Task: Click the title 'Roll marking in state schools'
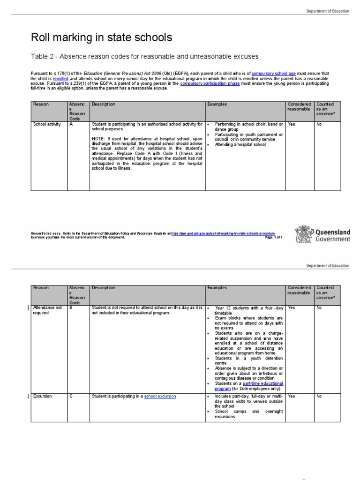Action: click(101, 37)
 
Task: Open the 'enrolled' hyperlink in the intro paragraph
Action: click(61, 78)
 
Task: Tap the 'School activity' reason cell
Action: click(47, 125)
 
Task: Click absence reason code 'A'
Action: click(71, 125)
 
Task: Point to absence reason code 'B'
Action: click(71, 308)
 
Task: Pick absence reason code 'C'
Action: click(71, 397)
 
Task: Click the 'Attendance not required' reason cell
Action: click(47, 310)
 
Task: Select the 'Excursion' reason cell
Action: click(43, 397)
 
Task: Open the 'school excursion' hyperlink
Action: click(161, 397)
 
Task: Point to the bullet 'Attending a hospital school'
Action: click(240, 144)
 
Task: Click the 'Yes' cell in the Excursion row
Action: click(292, 397)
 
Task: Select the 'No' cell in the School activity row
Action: click(319, 125)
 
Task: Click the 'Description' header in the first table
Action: click(104, 105)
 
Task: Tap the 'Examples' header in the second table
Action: click(217, 288)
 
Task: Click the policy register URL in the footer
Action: click(223, 233)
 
